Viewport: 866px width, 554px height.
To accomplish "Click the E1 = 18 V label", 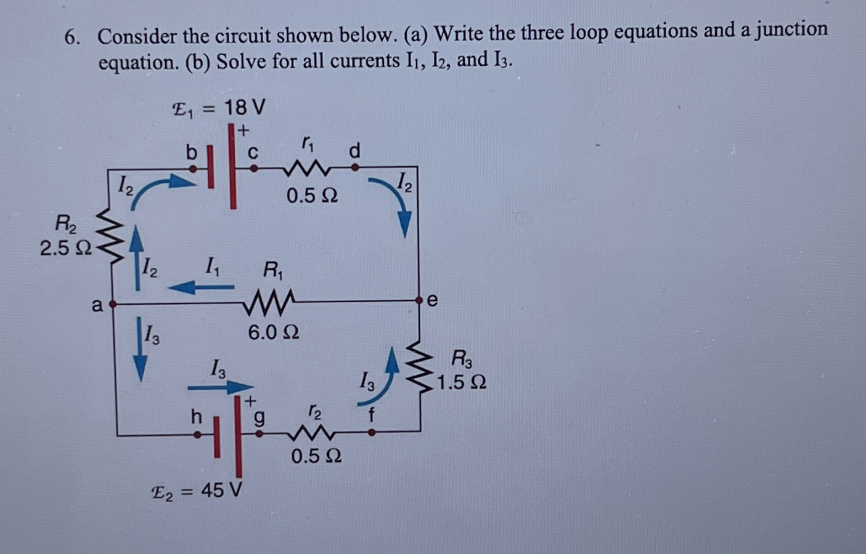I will tap(219, 109).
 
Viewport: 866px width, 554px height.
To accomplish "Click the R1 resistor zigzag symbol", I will tap(271, 302).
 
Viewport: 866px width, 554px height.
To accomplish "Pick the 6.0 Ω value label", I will tap(274, 332).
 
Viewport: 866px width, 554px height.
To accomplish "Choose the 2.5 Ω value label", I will tap(65, 248).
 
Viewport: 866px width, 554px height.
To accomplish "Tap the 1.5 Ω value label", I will tap(462, 382).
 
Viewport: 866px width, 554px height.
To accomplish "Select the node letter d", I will tap(354, 150).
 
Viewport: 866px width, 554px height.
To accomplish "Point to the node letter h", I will tap(196, 417).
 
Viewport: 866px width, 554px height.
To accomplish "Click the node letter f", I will tap(371, 414).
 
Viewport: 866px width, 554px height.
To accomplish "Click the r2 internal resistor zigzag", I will tap(314, 434).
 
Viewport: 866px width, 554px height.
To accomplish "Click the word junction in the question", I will tap(790, 30).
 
